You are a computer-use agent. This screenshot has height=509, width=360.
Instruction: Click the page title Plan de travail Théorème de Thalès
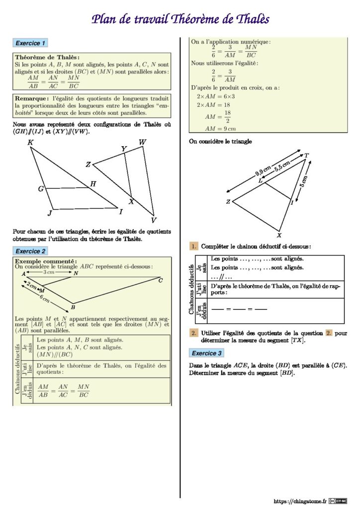tap(180, 19)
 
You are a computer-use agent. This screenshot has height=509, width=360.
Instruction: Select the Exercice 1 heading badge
tap(31, 43)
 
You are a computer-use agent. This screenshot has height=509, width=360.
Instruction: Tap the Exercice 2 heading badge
tap(31, 251)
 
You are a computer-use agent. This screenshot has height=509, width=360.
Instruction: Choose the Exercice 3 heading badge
tap(207, 353)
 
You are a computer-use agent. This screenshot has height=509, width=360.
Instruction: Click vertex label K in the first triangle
tap(30, 143)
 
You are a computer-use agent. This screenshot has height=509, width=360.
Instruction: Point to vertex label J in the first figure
tap(49, 213)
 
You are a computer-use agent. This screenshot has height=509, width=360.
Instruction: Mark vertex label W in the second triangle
tap(143, 143)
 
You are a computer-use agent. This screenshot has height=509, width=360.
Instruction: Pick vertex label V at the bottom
tap(154, 220)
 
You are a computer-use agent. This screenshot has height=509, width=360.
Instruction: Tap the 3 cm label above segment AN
tap(48, 272)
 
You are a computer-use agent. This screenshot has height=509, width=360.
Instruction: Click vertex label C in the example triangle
tap(160, 280)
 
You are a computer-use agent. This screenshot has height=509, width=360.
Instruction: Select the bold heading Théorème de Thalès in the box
tap(47, 58)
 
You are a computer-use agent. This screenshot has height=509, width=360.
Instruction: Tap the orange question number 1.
tap(194, 247)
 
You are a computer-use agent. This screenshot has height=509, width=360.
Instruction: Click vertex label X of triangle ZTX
tap(279, 236)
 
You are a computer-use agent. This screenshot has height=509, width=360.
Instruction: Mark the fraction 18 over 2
tap(228, 117)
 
